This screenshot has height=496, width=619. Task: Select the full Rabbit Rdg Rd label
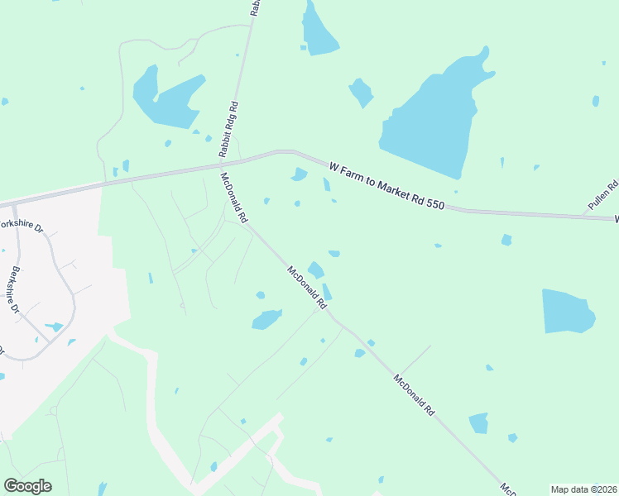click(x=229, y=130)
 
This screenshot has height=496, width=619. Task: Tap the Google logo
click(x=27, y=486)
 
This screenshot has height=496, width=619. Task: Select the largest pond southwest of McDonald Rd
click(x=266, y=319)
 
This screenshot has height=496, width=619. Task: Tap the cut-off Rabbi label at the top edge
click(x=256, y=7)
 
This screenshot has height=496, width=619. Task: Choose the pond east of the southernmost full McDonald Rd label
click(x=479, y=423)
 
